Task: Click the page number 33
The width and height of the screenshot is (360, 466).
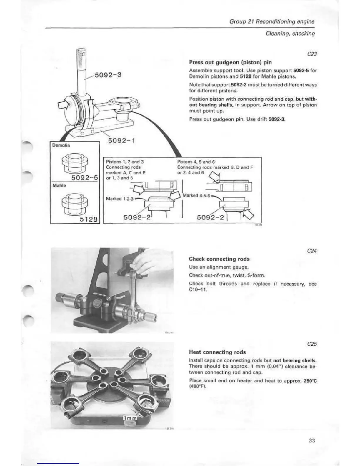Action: tap(312, 440)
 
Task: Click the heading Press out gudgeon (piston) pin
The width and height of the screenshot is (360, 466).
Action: tap(230, 62)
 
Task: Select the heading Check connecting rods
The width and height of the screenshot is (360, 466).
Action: tap(219, 259)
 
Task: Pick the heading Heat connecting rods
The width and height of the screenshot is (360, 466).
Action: tap(217, 352)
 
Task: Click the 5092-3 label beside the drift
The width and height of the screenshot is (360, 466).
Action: tap(108, 75)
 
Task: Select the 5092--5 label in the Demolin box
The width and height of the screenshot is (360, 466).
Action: tap(85, 178)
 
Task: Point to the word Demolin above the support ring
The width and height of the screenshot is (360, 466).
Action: tap(61, 145)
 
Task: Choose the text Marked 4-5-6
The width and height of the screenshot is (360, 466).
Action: tap(196, 195)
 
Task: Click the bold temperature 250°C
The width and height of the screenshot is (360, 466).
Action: tap(311, 381)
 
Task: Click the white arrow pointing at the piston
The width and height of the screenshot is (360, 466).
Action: tap(64, 105)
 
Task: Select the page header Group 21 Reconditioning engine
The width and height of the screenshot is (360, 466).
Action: tap(272, 21)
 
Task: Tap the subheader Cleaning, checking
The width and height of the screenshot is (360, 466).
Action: tap(290, 34)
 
